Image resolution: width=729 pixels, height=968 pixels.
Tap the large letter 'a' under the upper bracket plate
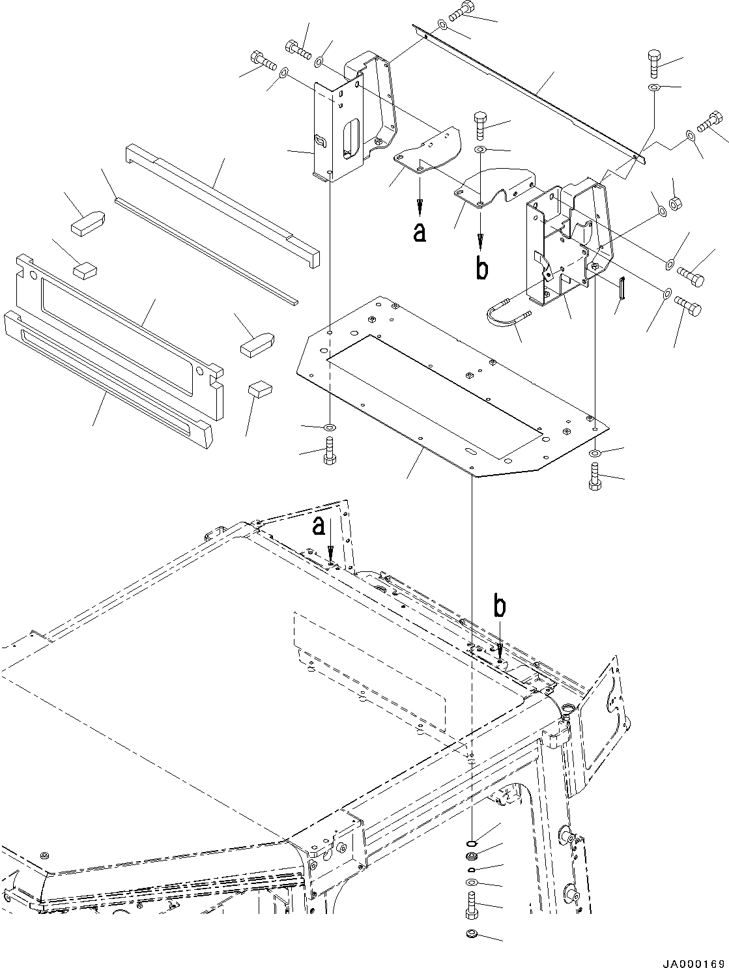pos(420,232)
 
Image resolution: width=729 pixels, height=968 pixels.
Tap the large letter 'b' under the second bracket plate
pos(481,268)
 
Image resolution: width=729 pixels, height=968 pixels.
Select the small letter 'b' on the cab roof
pos(499,607)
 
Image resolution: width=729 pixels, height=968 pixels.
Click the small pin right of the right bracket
pos(623,289)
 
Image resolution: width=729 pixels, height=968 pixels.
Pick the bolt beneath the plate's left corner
pos(329,451)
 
